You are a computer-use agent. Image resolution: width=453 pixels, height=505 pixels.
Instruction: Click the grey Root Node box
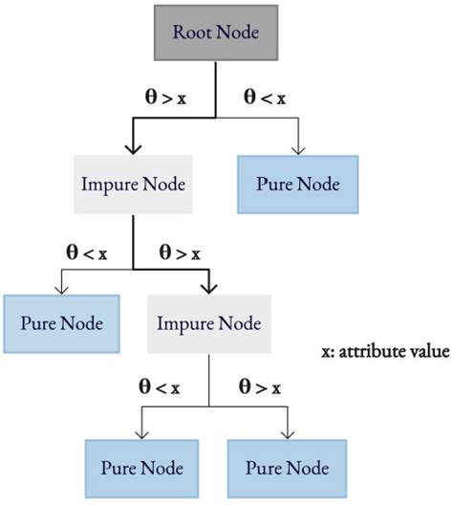[215, 32]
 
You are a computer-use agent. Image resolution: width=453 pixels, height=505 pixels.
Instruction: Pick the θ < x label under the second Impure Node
[155, 386]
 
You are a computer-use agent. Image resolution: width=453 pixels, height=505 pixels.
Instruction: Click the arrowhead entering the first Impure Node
[134, 149]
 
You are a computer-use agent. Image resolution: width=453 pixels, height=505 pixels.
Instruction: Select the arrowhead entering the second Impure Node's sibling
[61, 292]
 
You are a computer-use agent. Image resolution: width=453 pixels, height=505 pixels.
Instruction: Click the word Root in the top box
[191, 32]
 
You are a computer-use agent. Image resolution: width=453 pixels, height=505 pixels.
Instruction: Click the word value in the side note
[431, 352]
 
